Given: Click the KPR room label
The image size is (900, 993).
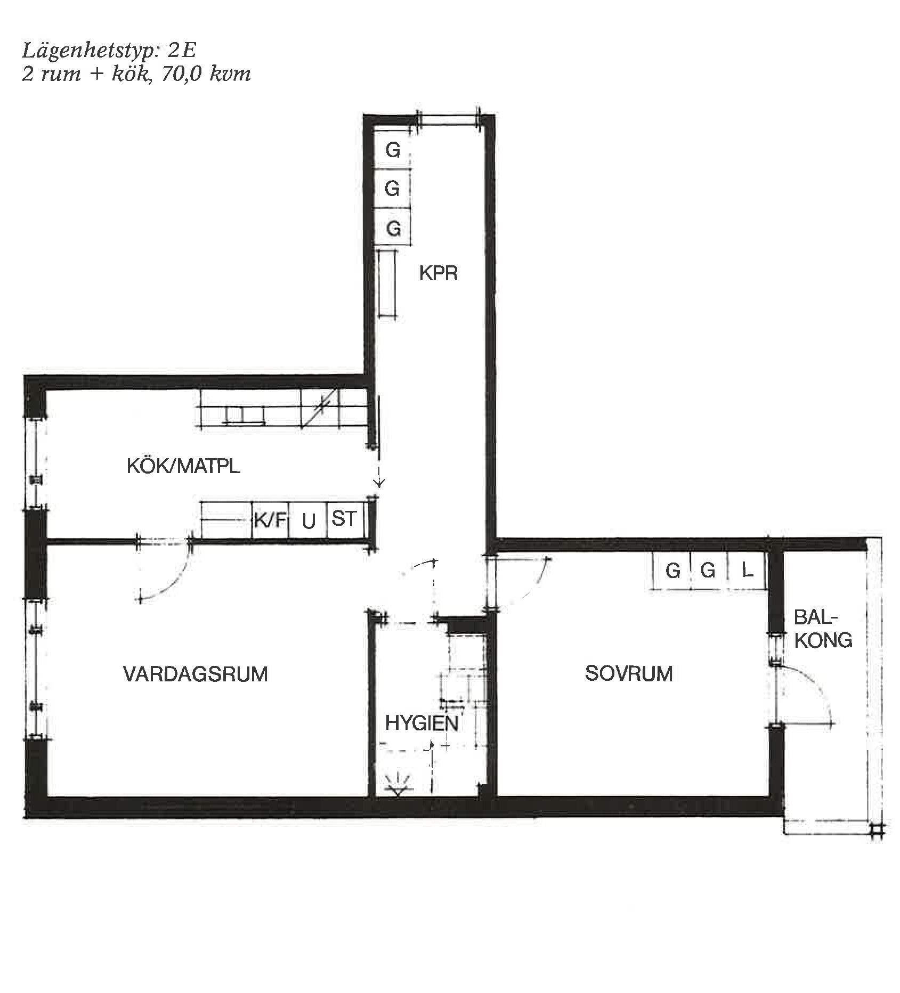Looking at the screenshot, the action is [x=438, y=273].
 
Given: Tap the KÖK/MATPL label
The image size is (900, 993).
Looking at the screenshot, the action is [x=183, y=466].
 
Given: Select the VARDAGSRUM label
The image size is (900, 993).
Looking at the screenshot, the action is [x=196, y=674].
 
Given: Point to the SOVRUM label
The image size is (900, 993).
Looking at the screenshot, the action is [x=629, y=673].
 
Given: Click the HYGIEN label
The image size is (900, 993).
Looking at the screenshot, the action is [x=421, y=723].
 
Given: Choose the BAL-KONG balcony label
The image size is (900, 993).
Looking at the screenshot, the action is [x=823, y=629].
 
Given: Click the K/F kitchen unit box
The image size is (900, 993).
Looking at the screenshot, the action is [x=270, y=519].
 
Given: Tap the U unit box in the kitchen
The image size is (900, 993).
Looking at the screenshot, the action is [x=308, y=519].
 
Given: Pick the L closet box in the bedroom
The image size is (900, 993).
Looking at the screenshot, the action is [x=747, y=571].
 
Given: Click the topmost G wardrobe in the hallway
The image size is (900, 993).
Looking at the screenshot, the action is [x=393, y=150].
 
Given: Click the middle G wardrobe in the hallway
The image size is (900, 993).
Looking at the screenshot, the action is [x=393, y=189].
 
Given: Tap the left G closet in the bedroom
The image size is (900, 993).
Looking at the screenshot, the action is [x=672, y=571].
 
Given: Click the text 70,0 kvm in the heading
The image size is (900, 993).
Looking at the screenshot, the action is [x=206, y=74].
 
